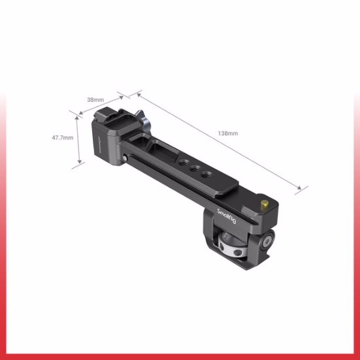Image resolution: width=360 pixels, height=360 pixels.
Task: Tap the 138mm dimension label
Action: (x=228, y=133)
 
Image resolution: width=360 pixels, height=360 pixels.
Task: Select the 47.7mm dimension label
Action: (x=61, y=138)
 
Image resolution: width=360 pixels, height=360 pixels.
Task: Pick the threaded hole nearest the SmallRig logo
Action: (x=206, y=175)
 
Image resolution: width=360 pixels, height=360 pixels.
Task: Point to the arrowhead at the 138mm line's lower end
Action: (x=303, y=190)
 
